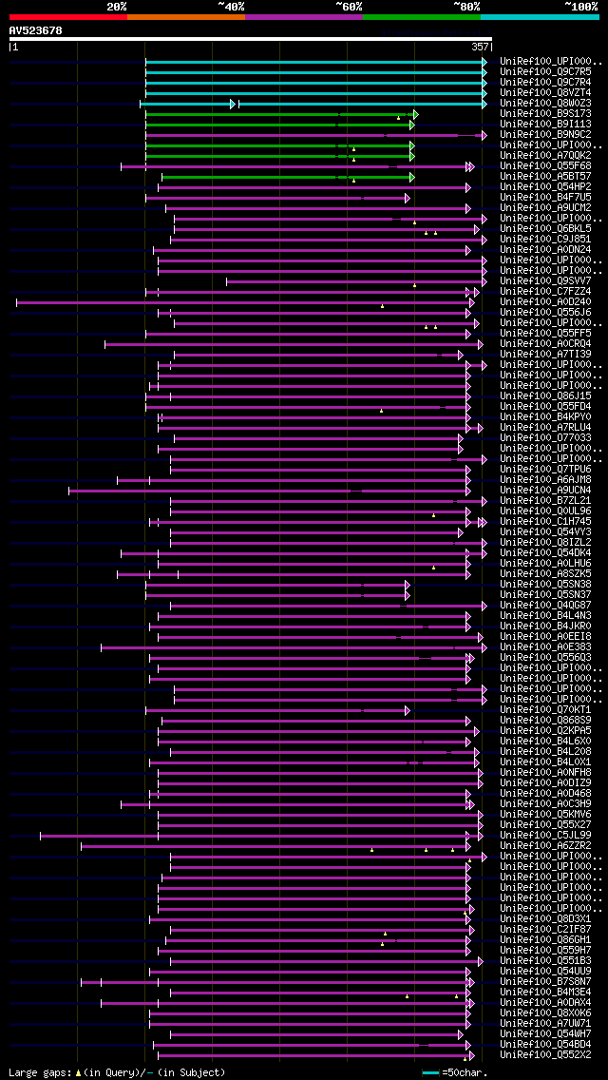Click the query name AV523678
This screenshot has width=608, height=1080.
pyautogui.click(x=36, y=30)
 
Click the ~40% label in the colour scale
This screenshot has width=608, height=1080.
pyautogui.click(x=231, y=7)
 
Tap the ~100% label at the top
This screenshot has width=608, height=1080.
pyautogui.click(x=580, y=7)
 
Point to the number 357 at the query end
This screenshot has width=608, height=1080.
pyautogui.click(x=480, y=46)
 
